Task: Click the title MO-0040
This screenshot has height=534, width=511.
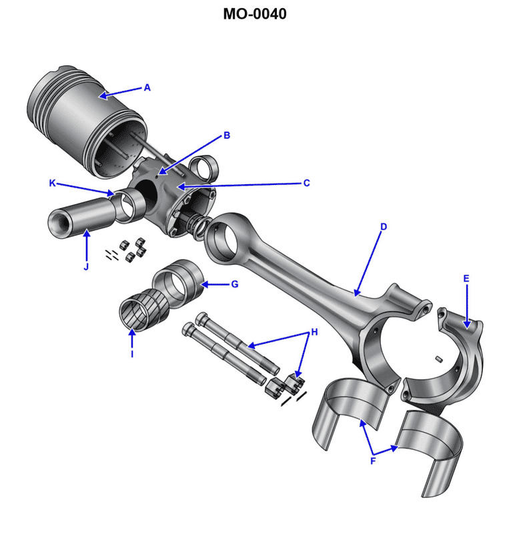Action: pyautogui.click(x=255, y=13)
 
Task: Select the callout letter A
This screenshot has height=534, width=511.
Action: pyautogui.click(x=147, y=87)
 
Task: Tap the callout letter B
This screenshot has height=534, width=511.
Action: pyautogui.click(x=227, y=136)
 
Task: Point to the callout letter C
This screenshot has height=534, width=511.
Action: pyautogui.click(x=306, y=183)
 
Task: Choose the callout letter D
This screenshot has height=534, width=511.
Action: pyautogui.click(x=384, y=227)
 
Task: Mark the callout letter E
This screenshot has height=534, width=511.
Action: pyautogui.click(x=466, y=278)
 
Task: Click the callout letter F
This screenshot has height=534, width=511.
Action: pyautogui.click(x=372, y=461)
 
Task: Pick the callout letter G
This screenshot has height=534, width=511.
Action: pyautogui.click(x=234, y=284)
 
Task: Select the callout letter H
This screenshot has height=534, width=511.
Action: pyautogui.click(x=315, y=332)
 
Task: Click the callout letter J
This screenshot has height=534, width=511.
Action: pyautogui.click(x=86, y=267)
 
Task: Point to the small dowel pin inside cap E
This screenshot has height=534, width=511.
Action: pyautogui.click(x=440, y=360)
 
